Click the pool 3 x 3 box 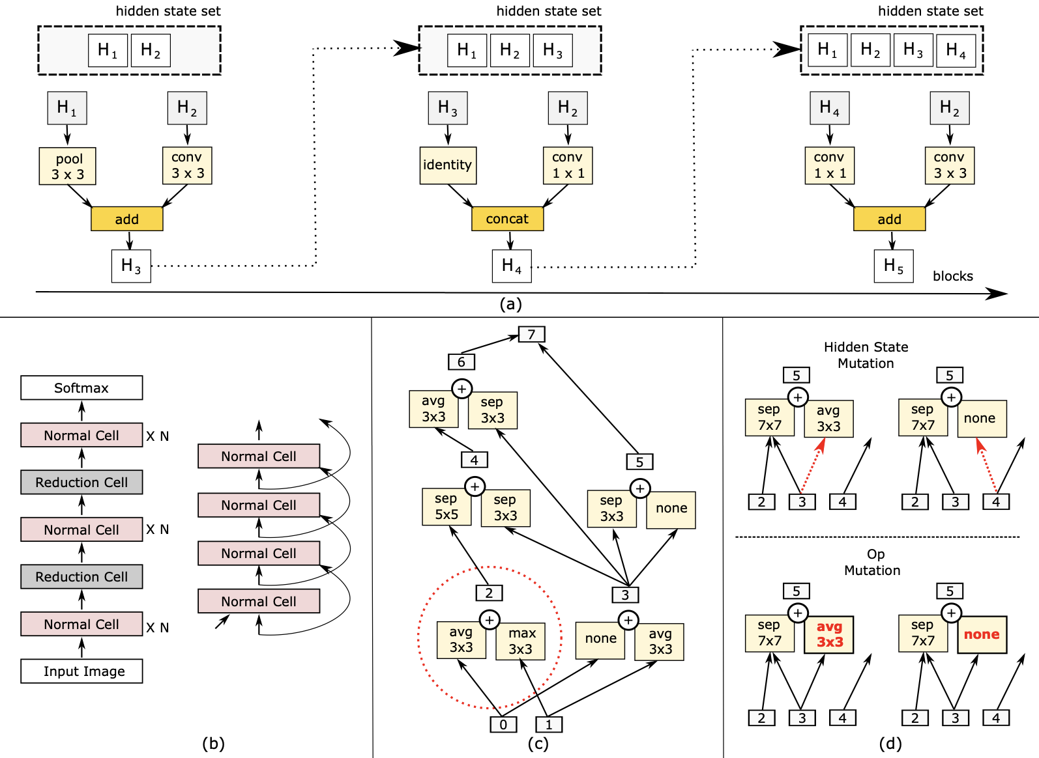[67, 166]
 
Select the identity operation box [448, 165]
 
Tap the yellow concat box [507, 219]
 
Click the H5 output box [893, 266]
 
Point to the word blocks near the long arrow [952, 276]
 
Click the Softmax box [81, 387]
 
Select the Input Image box [81, 671]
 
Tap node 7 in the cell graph [531, 334]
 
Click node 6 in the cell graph [461, 362]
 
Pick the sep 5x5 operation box [446, 507]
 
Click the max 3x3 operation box [520, 641]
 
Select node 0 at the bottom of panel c [503, 724]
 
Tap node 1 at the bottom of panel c [549, 724]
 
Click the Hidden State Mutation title [866, 355]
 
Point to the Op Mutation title [873, 562]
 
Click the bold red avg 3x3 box [829, 634]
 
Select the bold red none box [982, 634]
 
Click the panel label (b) [213, 744]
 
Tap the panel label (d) [890, 744]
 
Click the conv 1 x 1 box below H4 [829, 165]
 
